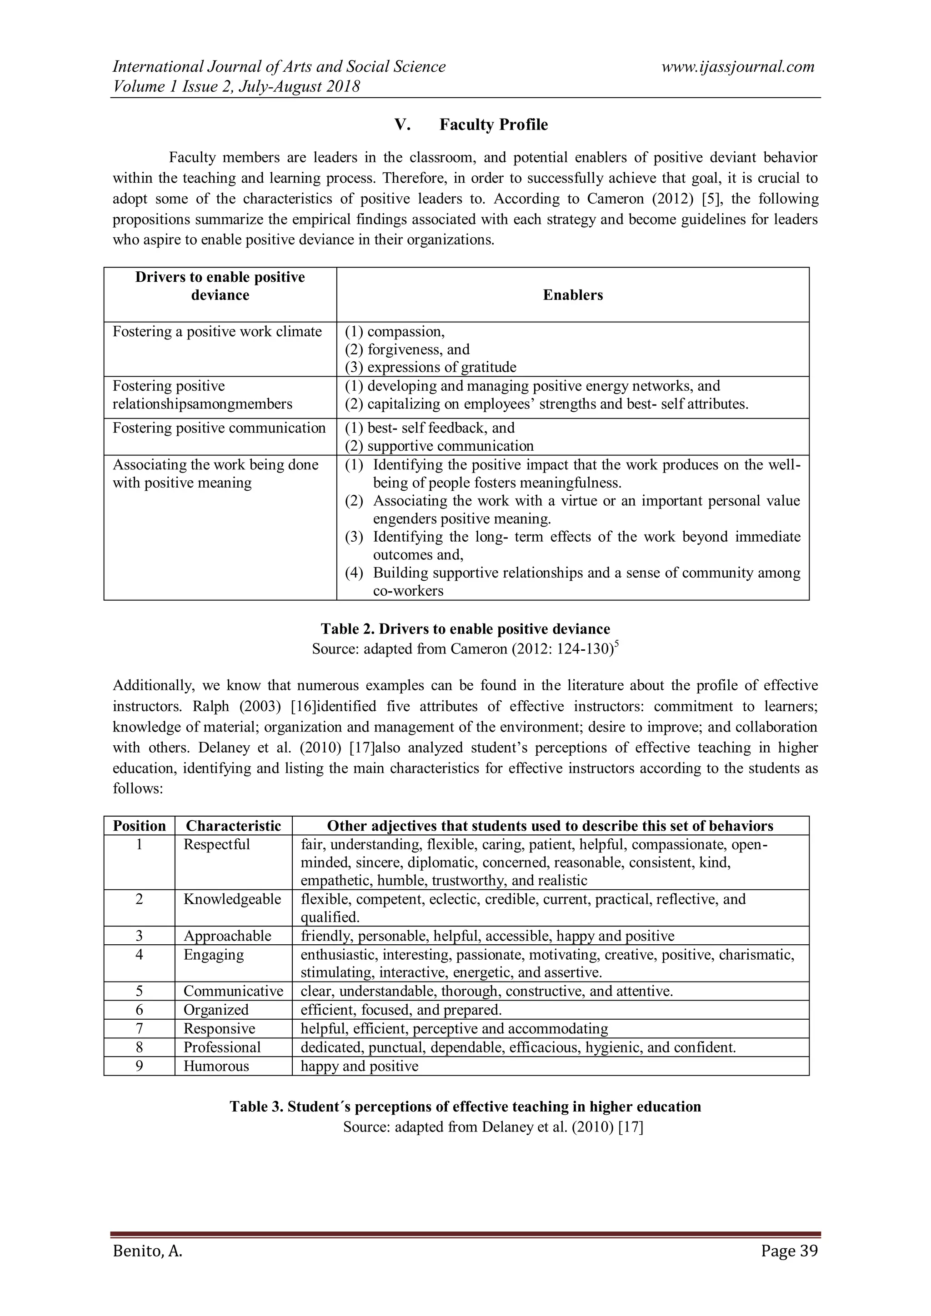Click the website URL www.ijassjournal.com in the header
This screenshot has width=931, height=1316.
(737, 67)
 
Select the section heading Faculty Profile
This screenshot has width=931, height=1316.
(493, 125)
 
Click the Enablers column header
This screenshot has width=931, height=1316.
(573, 295)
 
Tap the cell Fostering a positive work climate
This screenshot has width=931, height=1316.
(217, 332)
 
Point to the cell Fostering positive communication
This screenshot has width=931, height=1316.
(219, 428)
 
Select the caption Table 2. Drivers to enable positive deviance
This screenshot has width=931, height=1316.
(465, 629)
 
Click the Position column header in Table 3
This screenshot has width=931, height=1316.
(139, 826)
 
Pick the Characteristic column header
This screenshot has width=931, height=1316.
(233, 826)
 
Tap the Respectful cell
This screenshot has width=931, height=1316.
(217, 844)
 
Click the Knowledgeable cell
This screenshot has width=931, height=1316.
(232, 899)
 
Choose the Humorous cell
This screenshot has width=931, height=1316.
(216, 1066)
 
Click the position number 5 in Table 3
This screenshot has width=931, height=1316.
(139, 991)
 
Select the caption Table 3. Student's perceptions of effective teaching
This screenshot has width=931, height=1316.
(465, 1107)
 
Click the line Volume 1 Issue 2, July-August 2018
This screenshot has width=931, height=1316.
(236, 87)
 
